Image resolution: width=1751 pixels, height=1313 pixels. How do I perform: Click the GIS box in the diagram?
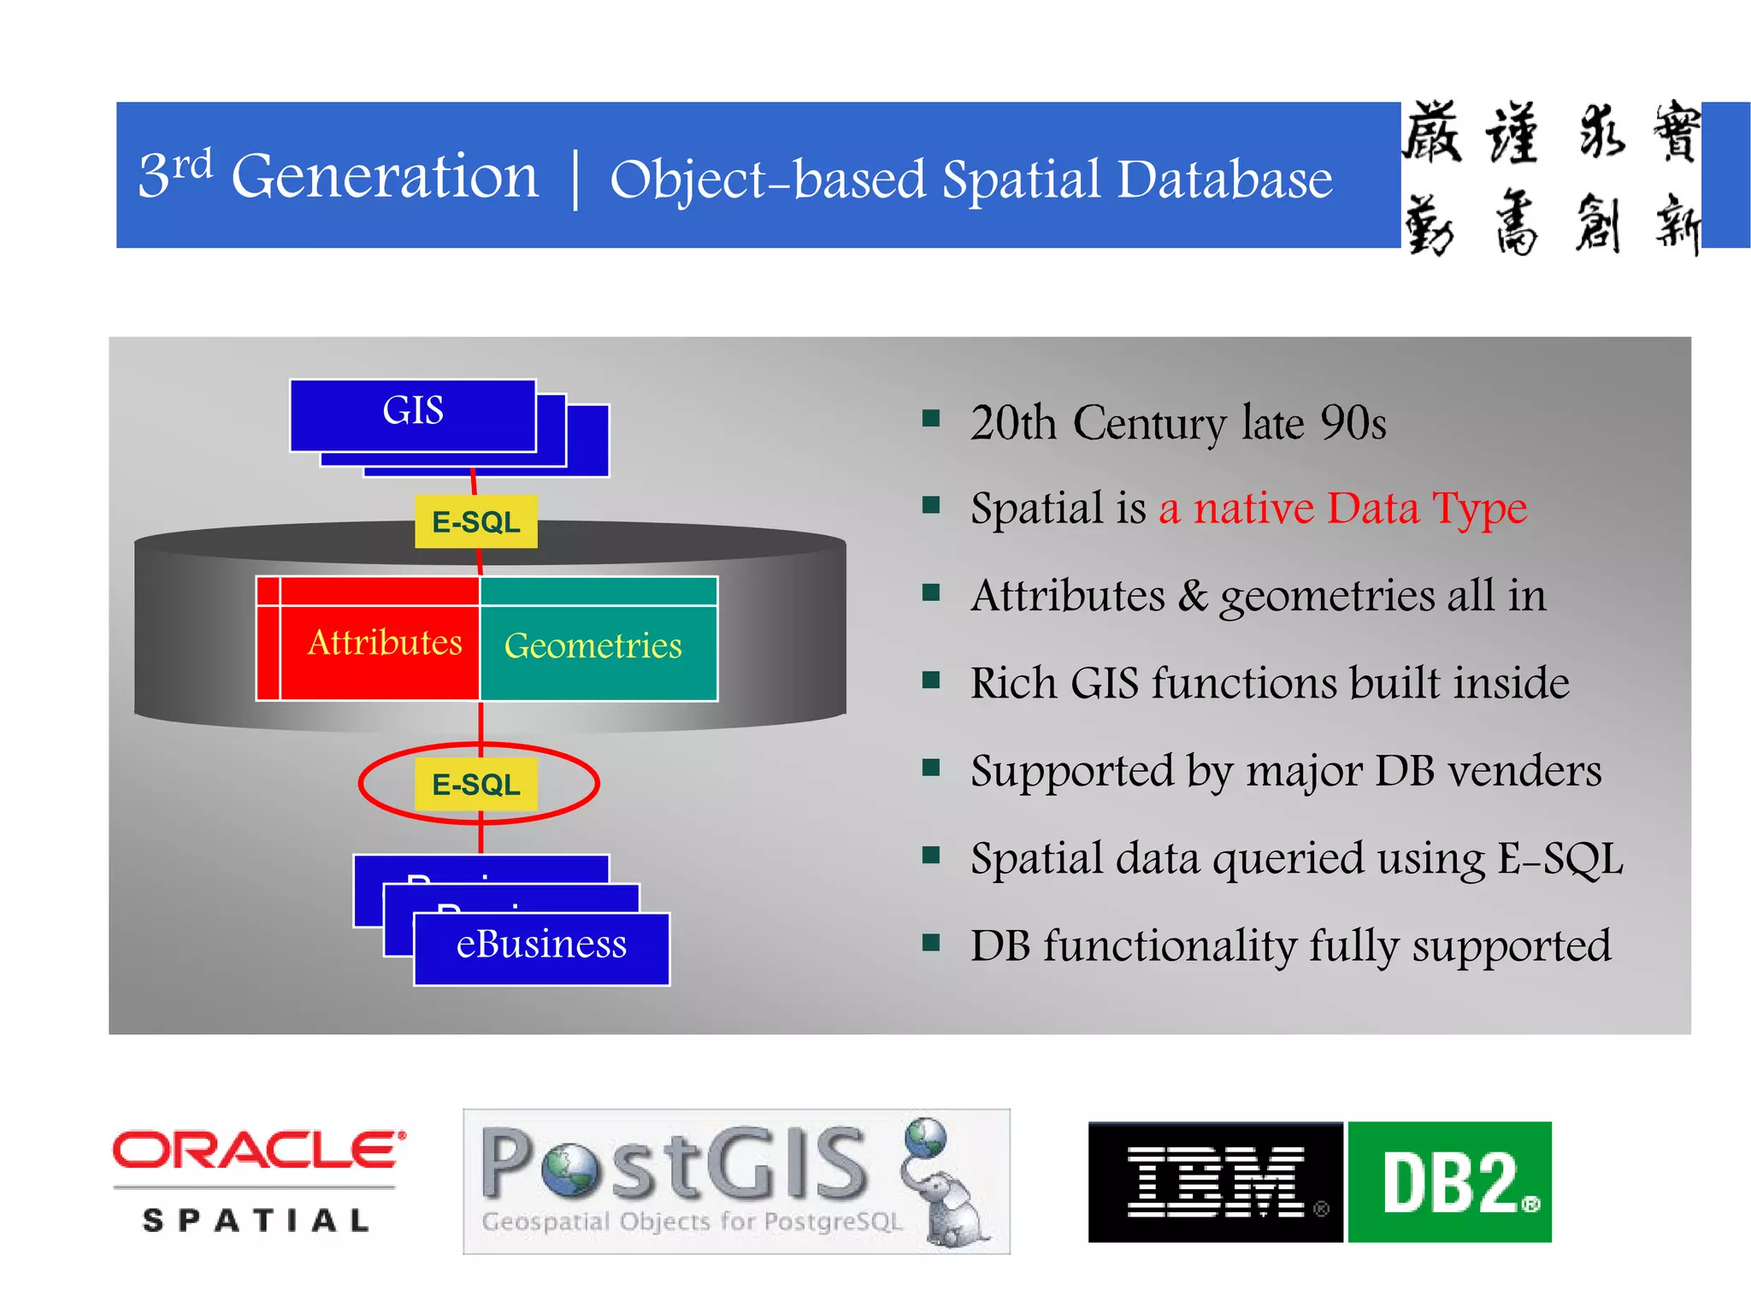click(413, 415)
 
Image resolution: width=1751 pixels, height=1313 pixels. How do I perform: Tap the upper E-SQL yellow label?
click(476, 521)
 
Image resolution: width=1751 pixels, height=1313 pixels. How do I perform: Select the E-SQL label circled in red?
click(476, 784)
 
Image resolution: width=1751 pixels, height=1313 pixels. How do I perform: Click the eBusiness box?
click(541, 946)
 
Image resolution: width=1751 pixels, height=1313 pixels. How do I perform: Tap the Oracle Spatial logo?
click(259, 1180)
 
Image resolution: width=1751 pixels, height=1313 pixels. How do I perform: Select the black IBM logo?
click(1214, 1182)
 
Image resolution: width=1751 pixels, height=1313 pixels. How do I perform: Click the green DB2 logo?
click(1450, 1182)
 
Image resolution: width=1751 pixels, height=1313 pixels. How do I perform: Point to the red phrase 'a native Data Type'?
click(1342, 509)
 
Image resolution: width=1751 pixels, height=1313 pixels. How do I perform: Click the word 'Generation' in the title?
click(385, 177)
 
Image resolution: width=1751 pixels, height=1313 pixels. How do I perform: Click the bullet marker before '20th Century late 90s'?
click(931, 418)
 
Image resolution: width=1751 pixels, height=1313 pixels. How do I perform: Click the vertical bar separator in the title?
click(575, 180)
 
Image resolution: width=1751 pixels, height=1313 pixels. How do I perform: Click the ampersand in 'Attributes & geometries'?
click(1192, 596)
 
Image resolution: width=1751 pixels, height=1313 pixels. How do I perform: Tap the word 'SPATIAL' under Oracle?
click(256, 1221)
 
